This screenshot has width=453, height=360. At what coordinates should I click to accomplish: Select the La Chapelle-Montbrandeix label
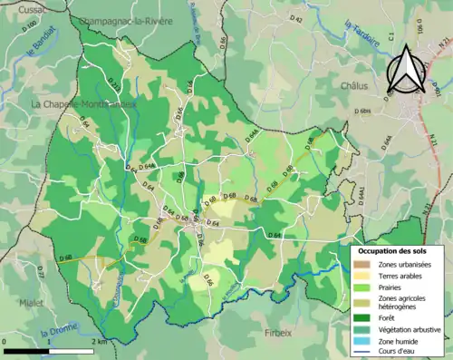tap(84, 104)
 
